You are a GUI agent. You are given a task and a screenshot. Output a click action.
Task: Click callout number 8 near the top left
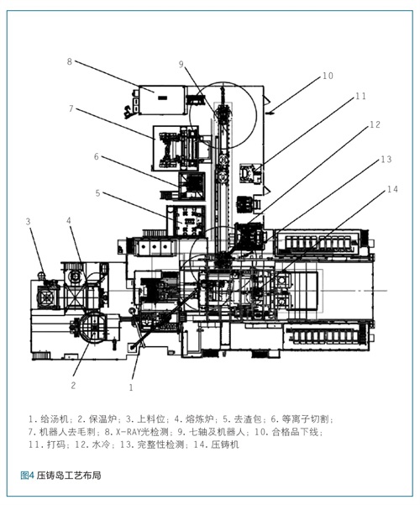(x=69, y=61)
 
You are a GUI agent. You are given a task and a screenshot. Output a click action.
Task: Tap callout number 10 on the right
(x=328, y=76)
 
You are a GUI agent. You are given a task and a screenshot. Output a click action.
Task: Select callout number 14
(x=392, y=189)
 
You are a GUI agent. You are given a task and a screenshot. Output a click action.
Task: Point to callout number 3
(x=29, y=221)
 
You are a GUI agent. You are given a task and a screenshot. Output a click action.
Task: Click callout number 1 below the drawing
(x=131, y=387)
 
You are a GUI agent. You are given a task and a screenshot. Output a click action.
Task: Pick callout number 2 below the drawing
(x=73, y=385)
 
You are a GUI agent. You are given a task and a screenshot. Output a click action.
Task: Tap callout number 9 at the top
(x=181, y=65)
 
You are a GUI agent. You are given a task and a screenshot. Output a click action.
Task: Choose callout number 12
(x=375, y=124)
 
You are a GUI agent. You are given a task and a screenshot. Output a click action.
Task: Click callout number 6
(x=97, y=156)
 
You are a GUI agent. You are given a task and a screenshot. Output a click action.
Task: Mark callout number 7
(x=71, y=108)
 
